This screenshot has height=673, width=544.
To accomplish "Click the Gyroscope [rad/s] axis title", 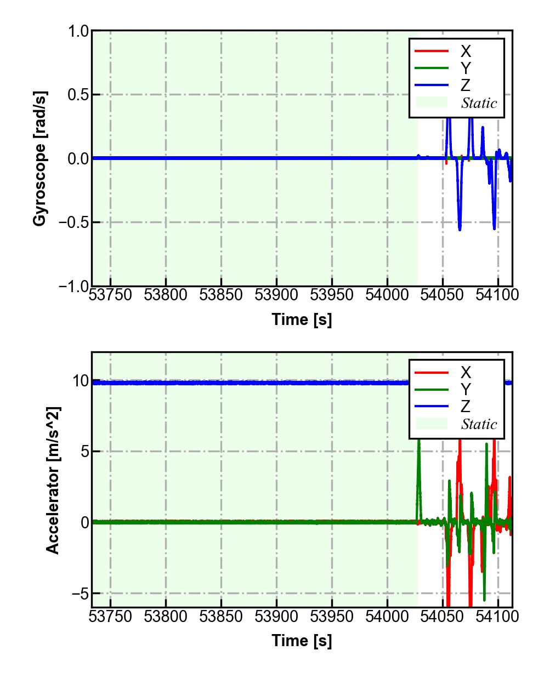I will click(x=40, y=158).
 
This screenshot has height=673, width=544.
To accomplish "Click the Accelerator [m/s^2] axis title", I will click(x=53, y=480).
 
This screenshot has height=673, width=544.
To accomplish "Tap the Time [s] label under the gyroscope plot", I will click(x=302, y=320).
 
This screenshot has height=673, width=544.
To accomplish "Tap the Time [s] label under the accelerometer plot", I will click(x=302, y=641).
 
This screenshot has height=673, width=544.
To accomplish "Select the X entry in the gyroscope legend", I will click(x=465, y=52).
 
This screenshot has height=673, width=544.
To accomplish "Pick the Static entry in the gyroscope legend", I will click(x=479, y=103).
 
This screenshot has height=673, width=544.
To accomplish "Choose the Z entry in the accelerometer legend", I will click(x=465, y=407).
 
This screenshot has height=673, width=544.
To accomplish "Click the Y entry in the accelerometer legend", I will click(x=465, y=390).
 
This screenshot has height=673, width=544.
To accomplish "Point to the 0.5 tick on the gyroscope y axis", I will click(x=78, y=95).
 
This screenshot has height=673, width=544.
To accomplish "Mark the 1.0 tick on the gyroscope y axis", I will click(x=78, y=31).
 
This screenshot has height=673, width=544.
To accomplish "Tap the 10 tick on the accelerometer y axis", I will click(x=80, y=381).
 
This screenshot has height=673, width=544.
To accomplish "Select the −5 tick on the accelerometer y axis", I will click(x=80, y=594).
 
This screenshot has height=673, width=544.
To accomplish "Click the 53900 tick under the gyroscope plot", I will click(x=276, y=295).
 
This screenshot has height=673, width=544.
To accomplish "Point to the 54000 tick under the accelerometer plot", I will click(x=387, y=617).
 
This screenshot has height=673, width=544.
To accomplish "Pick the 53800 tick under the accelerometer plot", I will click(x=166, y=617).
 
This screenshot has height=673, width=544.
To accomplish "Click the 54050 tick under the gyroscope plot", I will click(x=443, y=295).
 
